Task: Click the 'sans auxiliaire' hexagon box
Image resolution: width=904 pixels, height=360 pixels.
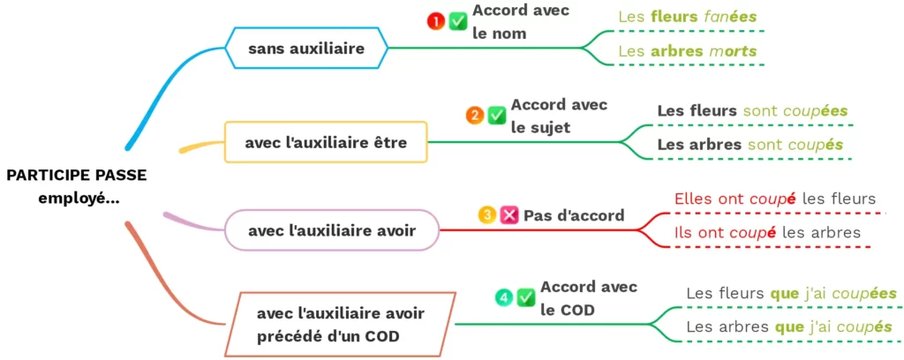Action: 306,48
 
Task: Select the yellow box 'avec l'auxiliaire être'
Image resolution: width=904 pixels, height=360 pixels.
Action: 326,142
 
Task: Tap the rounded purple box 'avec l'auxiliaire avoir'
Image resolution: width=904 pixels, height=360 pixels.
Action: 332,230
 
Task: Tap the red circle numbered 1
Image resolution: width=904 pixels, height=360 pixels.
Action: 435,22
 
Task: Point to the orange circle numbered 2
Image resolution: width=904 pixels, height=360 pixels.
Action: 474,116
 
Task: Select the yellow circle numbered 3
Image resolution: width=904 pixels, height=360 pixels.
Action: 486,215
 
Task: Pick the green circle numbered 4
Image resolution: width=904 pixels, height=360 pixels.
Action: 503,297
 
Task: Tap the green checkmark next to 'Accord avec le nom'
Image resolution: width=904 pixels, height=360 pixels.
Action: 458,22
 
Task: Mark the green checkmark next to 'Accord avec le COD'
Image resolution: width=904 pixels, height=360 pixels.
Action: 526,297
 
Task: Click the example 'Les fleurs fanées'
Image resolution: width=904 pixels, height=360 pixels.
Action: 687,17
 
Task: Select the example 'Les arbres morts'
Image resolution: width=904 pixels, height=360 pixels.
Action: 687,51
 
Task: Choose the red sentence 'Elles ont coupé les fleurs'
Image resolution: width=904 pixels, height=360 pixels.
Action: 775,199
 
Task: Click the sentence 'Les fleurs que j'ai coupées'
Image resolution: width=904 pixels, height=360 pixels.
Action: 791,294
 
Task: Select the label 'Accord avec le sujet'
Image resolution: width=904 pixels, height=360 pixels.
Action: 559,116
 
